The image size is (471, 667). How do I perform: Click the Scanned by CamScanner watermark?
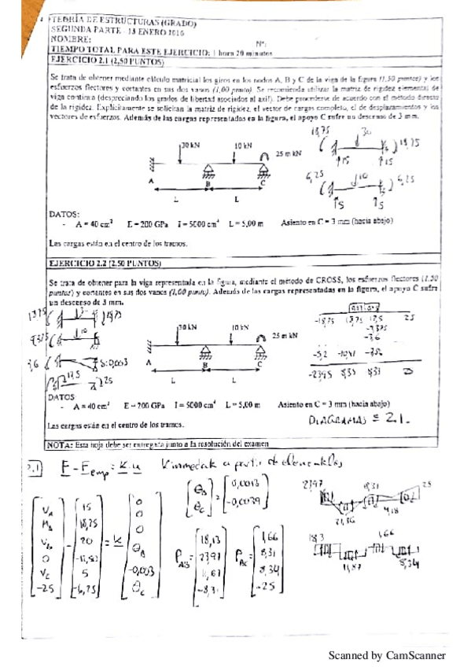click(386, 655)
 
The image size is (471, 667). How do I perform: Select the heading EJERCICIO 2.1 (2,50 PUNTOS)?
click(106, 61)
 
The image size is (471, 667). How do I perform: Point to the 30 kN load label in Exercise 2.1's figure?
click(190, 146)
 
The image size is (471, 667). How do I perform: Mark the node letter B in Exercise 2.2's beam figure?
click(205, 366)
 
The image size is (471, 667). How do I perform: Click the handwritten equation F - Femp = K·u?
click(103, 466)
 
